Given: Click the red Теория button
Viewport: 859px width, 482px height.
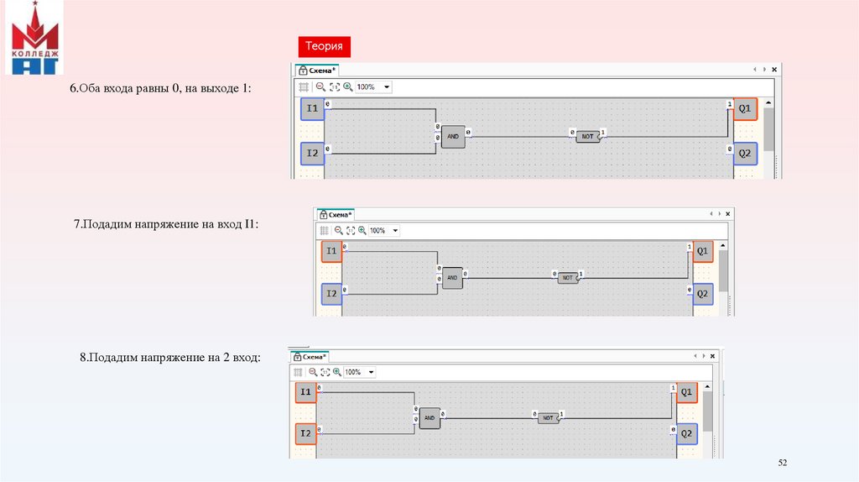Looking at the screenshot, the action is [x=323, y=47].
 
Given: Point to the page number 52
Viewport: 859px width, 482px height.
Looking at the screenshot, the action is [x=784, y=464].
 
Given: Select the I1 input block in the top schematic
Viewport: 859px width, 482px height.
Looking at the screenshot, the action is [x=312, y=109].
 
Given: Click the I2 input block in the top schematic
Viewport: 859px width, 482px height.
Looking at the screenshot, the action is [x=312, y=154].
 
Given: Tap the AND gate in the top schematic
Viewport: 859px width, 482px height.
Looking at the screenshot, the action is [x=453, y=137].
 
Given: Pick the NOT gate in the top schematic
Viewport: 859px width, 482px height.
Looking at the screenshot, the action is [x=587, y=136].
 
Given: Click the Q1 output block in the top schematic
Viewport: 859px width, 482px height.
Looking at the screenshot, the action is [x=745, y=109].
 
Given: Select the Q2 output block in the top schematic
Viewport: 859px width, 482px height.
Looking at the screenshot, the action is [x=745, y=154].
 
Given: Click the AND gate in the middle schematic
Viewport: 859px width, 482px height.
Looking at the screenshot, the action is [x=452, y=278].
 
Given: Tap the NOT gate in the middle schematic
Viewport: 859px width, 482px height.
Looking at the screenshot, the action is [x=568, y=278].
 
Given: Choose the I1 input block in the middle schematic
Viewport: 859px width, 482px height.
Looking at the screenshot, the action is [x=332, y=252].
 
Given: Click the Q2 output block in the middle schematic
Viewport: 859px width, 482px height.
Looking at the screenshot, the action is [x=703, y=294].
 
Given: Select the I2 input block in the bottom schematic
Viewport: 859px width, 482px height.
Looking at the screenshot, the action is [x=306, y=434].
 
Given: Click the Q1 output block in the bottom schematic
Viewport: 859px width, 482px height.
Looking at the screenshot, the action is [x=687, y=392].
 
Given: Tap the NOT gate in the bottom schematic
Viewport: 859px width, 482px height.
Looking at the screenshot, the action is [x=548, y=417].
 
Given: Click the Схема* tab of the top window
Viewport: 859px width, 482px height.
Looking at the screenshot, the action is [x=320, y=71].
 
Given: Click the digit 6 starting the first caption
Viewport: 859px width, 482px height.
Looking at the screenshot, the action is [x=72, y=88].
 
